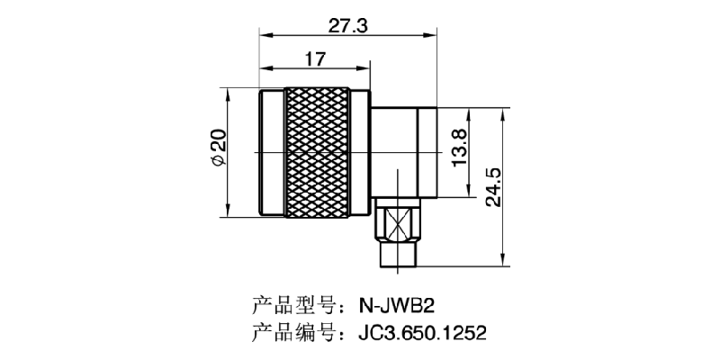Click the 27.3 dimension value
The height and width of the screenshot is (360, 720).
click(x=347, y=25)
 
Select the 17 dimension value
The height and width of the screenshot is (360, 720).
click(x=314, y=59)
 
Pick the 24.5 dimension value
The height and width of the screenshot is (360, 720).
click(x=493, y=187)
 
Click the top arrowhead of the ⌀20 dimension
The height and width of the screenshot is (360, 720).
click(x=227, y=90)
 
